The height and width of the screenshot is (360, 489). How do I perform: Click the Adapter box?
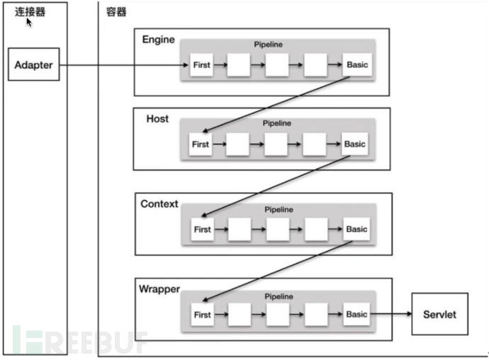point(34,64)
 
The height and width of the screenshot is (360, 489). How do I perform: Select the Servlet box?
point(439,314)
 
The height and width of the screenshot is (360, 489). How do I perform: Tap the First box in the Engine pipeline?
point(202,65)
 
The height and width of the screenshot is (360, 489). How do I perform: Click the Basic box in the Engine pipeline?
point(357,65)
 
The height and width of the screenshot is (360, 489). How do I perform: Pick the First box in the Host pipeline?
point(201,144)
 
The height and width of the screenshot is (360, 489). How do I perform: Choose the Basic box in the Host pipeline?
point(354,144)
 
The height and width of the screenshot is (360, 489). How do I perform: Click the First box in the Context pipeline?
point(203,230)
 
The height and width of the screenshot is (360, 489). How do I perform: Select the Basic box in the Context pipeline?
point(356,229)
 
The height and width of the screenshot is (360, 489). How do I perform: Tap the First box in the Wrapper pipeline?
point(203,315)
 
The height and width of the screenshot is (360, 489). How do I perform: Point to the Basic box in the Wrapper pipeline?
point(356,314)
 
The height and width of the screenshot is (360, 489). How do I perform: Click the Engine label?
point(158,39)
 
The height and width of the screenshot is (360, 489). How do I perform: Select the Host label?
point(157,118)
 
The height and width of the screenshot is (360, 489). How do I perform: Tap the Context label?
point(159,204)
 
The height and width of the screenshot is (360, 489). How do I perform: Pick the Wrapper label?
point(159,289)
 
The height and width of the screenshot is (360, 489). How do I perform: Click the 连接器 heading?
point(30,11)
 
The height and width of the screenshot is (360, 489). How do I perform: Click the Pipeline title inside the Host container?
point(276,123)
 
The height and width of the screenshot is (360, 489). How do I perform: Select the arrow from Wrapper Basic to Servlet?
point(390,314)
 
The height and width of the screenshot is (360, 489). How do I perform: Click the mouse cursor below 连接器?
point(29,23)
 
